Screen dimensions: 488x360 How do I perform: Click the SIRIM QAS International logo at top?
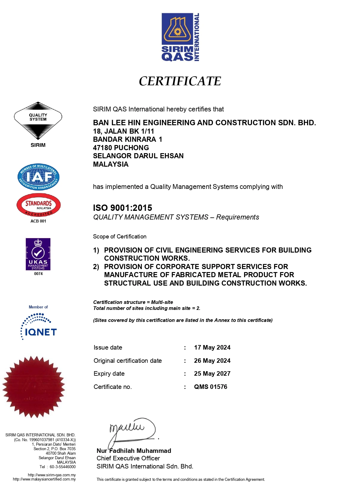pyautogui.click(x=180, y=37)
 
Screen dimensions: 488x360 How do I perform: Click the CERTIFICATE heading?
pyautogui.click(x=180, y=81)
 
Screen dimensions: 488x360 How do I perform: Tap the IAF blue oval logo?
pyautogui.click(x=38, y=177)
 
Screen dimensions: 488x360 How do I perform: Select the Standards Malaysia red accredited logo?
pyautogui.click(x=38, y=205)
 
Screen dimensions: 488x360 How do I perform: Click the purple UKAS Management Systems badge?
pyautogui.click(x=38, y=254)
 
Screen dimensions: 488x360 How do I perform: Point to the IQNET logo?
pyautogui.click(x=39, y=327)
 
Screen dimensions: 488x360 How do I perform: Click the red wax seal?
pyautogui.click(x=34, y=387)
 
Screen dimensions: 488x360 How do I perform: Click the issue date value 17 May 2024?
pyautogui.click(x=212, y=347)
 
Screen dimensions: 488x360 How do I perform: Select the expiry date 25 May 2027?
pyautogui.click(x=212, y=374)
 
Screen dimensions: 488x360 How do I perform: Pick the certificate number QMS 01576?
pyautogui.click(x=211, y=387)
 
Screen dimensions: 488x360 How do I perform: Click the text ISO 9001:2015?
pyautogui.click(x=122, y=208)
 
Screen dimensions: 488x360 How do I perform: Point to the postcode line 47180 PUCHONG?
pyautogui.click(x=121, y=148)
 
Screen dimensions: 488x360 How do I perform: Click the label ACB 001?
pyautogui.click(x=38, y=221)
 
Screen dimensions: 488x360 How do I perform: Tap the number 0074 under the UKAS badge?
pyautogui.click(x=38, y=274)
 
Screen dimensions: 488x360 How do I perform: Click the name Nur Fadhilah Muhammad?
pyautogui.click(x=134, y=451)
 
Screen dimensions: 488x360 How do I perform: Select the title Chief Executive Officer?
pyautogui.click(x=128, y=458)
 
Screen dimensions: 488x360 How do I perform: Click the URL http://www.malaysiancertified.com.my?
pyautogui.click(x=44, y=479)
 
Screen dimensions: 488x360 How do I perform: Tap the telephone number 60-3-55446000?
pyautogui.click(x=62, y=467)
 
